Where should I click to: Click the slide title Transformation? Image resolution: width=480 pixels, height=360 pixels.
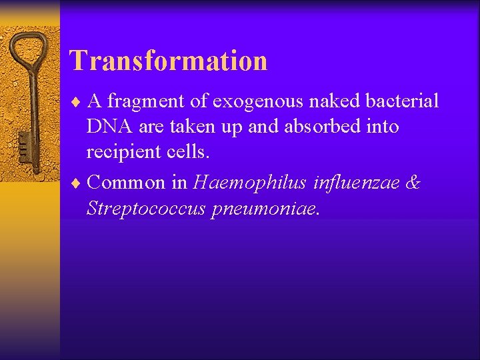coord(169,61)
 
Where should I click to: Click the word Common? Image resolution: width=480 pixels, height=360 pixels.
coord(125,182)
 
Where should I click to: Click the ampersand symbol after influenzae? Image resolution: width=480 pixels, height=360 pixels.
coord(413,182)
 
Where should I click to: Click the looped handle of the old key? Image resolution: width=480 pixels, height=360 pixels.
coord(28,51)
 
